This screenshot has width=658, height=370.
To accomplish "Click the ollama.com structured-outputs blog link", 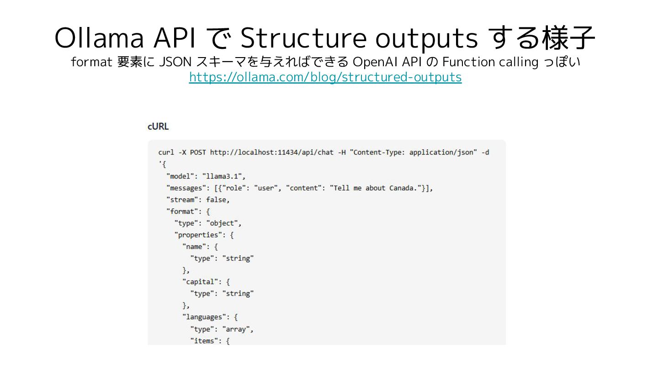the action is point(325,77).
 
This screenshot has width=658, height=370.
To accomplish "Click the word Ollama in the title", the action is point(99,38).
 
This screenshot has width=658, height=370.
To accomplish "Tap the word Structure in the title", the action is point(303,38).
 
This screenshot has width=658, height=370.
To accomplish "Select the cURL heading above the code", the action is point(158,127).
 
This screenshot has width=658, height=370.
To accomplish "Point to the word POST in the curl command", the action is point(198,153).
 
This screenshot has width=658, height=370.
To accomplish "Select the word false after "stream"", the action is point(217,200).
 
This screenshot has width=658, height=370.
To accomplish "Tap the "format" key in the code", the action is point(183,211).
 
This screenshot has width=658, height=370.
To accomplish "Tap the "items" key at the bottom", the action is point(204,341).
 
